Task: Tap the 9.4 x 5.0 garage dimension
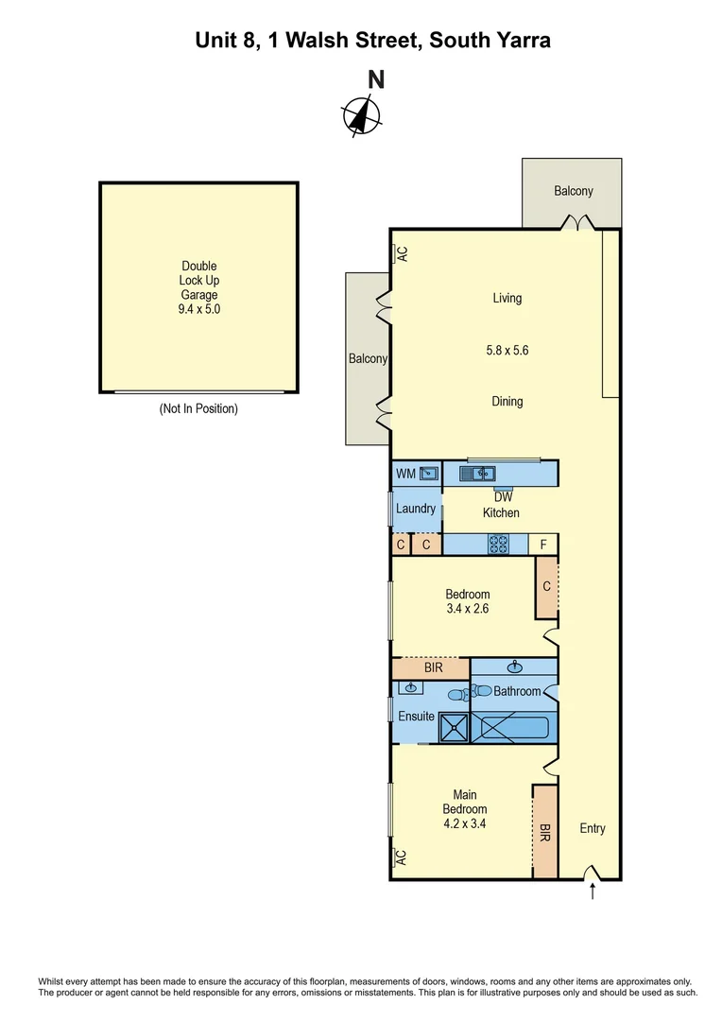point(198,308)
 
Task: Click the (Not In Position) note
point(198,409)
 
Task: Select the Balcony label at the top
point(573,191)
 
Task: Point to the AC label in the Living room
point(401,253)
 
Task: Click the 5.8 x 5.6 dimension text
point(507,350)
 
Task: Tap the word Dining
point(507,402)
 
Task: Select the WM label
point(405,473)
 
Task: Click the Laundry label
point(416,509)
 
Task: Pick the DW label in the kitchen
point(501,498)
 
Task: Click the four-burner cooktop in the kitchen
point(498,545)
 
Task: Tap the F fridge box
point(543,545)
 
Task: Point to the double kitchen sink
point(478,473)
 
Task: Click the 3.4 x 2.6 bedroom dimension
point(468,610)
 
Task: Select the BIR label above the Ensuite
point(432,667)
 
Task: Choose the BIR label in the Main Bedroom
point(545,831)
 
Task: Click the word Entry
point(593,828)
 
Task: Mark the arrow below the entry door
point(593,891)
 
